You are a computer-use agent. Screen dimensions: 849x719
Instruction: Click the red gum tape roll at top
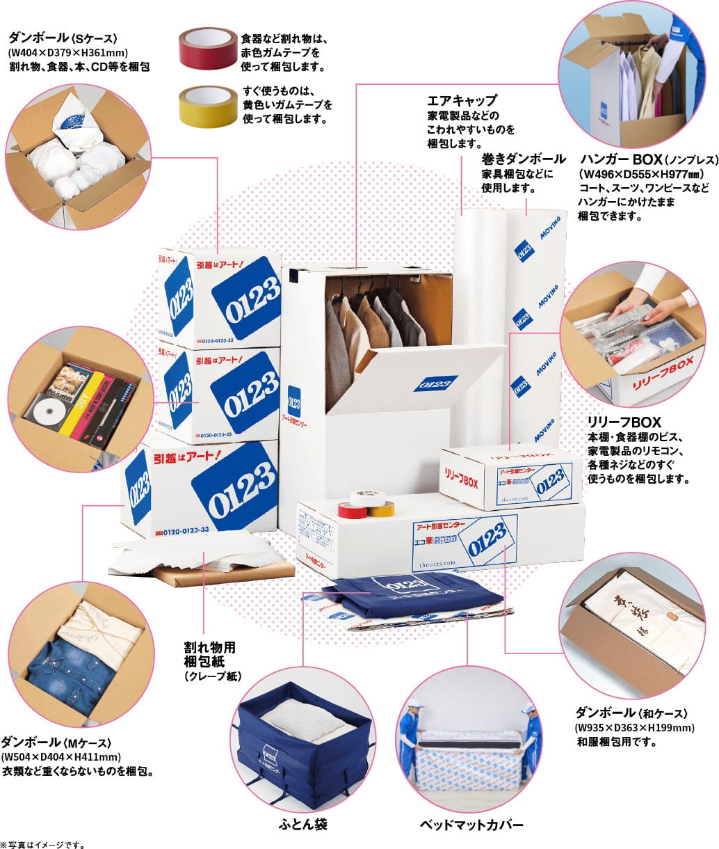coord(207,49)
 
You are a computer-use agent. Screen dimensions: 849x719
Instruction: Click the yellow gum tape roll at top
coord(207,106)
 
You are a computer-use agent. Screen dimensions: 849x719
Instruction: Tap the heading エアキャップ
coord(462,101)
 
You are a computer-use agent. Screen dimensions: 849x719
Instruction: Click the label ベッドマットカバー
coord(471,825)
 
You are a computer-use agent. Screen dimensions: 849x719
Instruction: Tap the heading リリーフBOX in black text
coord(624,422)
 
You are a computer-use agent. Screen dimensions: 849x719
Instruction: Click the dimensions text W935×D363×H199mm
coord(634,728)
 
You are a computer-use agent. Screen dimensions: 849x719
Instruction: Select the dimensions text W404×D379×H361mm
coord(69,53)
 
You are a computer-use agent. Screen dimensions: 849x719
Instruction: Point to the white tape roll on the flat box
coord(367,498)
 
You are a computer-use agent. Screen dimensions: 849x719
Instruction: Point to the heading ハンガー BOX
coord(620,159)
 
